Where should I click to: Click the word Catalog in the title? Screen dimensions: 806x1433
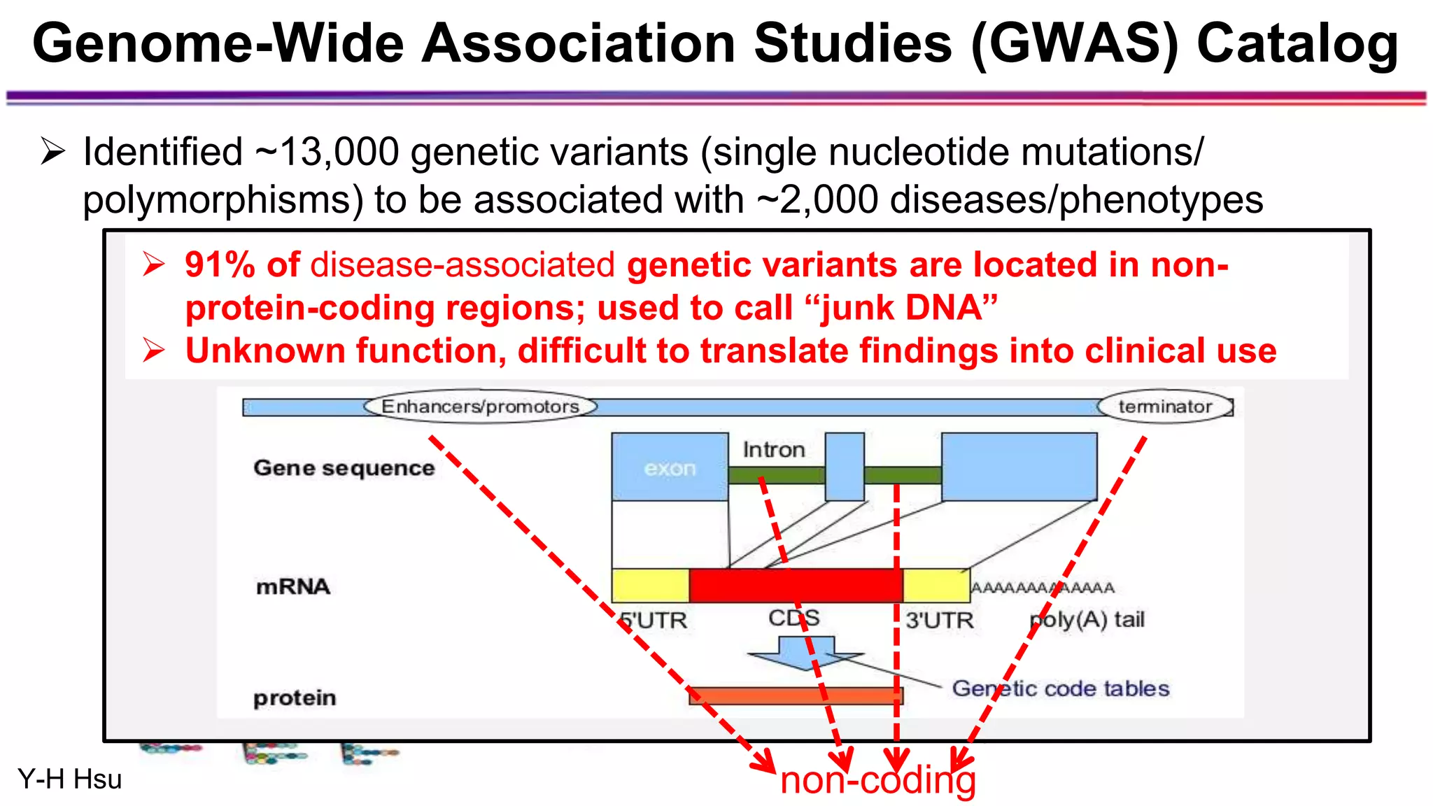coord(1297,43)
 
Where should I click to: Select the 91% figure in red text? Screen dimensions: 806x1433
coord(220,265)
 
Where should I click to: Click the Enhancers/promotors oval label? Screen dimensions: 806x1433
coord(480,406)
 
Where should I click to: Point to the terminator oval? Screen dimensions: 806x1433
coord(1164,406)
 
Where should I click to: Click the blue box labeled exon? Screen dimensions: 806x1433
coord(670,467)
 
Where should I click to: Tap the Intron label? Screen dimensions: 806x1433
coord(773,449)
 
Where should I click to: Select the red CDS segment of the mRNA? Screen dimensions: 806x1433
coord(795,586)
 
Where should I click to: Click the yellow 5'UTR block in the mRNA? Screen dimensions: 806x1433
coord(650,586)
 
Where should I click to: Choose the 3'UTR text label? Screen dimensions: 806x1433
coord(939,620)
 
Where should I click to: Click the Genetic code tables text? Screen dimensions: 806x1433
coord(1060,688)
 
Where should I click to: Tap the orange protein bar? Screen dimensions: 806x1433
coord(796,695)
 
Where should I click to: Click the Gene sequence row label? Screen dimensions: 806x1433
coord(344,467)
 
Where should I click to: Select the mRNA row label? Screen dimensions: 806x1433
coord(292,586)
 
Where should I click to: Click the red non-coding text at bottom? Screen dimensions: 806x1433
coord(877,780)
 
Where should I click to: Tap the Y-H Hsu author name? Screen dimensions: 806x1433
coord(69,779)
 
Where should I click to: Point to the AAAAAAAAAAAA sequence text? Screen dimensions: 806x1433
coord(1042,588)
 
